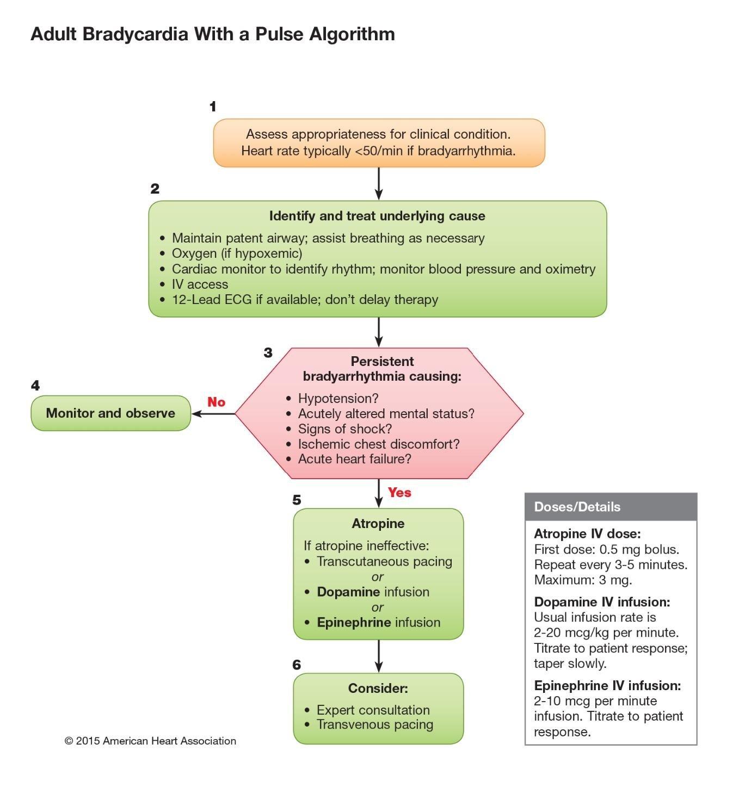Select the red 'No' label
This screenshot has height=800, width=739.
[x=216, y=402]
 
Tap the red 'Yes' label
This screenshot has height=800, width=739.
[x=399, y=492]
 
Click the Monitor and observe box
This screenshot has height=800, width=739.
[x=110, y=413]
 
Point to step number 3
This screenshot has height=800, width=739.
[x=268, y=353]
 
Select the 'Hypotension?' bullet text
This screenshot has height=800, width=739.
[x=338, y=399]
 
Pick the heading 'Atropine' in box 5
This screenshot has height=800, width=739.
[x=378, y=524]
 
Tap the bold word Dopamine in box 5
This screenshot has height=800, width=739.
[x=348, y=592]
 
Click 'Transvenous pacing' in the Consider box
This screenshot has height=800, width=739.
[x=375, y=724]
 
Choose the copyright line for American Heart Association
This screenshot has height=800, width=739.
[x=150, y=741]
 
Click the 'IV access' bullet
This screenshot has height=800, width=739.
[x=200, y=284]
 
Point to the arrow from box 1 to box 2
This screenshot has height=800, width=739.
[x=379, y=183]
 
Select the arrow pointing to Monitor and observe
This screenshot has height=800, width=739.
[x=213, y=413]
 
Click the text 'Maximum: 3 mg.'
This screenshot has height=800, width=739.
[x=583, y=580]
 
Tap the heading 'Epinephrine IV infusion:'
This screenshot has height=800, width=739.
[x=607, y=685]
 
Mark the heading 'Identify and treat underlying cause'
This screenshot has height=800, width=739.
[x=377, y=216]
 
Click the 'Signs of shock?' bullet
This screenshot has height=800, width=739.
[x=344, y=429]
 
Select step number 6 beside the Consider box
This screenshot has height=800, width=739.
[x=297, y=665]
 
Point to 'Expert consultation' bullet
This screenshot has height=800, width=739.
[x=373, y=710]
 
